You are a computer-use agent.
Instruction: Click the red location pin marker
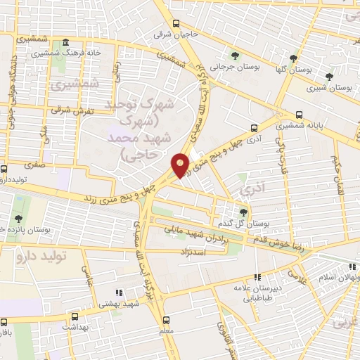click(181, 165)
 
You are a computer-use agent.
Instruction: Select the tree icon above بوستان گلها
click(293, 58)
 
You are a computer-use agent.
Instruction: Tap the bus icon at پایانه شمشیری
click(300, 115)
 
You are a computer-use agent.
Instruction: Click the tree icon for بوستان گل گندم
click(243, 211)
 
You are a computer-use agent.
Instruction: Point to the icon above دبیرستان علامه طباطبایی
click(257, 277)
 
